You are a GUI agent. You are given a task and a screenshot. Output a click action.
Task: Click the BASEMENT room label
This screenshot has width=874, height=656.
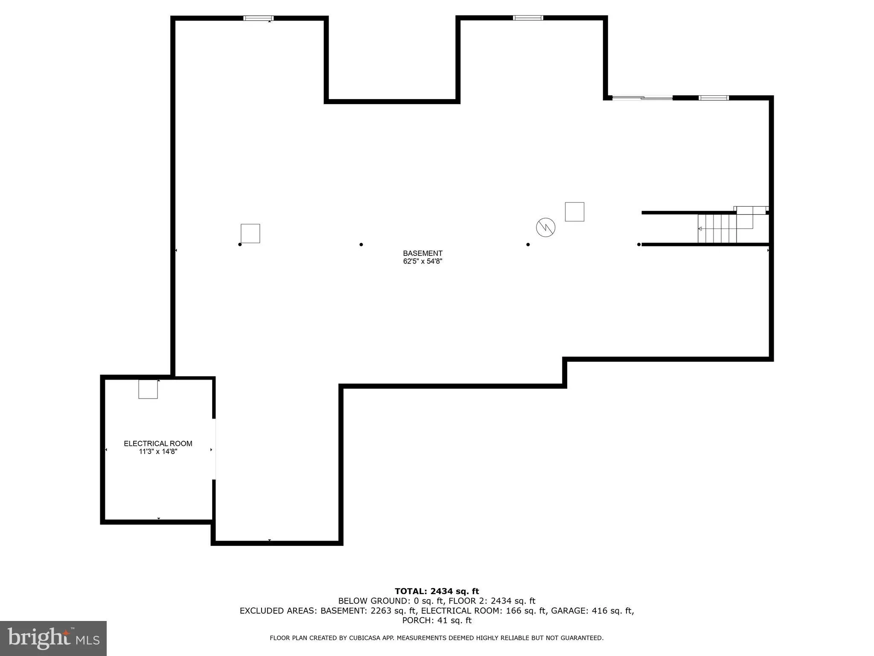pos(422,253)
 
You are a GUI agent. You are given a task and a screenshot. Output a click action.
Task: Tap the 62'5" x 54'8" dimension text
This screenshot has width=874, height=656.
pos(422,261)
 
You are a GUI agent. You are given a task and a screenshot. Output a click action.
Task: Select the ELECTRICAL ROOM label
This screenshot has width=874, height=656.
pos(158,444)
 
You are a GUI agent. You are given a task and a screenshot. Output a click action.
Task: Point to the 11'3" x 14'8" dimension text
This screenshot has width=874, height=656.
pos(158,451)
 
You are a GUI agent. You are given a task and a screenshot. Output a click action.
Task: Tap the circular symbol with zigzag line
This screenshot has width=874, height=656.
pos(545,227)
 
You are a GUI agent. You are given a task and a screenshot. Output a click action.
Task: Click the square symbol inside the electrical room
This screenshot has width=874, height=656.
pos(148,389)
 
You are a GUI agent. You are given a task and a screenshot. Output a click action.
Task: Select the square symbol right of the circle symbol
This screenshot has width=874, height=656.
pos(574,212)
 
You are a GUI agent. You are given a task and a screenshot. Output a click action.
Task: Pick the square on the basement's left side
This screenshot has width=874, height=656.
pos(250,234)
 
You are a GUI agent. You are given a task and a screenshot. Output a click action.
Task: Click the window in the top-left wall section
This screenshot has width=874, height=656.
pos(258,18)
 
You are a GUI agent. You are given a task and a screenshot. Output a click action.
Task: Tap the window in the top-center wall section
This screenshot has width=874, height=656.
pos(528,18)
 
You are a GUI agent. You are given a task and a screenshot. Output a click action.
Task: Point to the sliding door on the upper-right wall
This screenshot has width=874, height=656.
pos(642,98)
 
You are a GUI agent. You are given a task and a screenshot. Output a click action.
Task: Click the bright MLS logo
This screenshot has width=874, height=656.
pos(53,638)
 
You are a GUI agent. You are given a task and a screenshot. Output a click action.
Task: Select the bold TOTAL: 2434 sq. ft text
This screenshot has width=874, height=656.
pos(437,592)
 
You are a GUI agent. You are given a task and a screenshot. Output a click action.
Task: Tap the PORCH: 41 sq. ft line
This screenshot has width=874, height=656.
pos(437,621)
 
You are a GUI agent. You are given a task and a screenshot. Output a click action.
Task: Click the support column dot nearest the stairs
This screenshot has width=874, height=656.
pos(639,245)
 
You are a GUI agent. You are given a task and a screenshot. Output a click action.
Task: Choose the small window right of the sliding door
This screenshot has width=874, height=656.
pos(714,98)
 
